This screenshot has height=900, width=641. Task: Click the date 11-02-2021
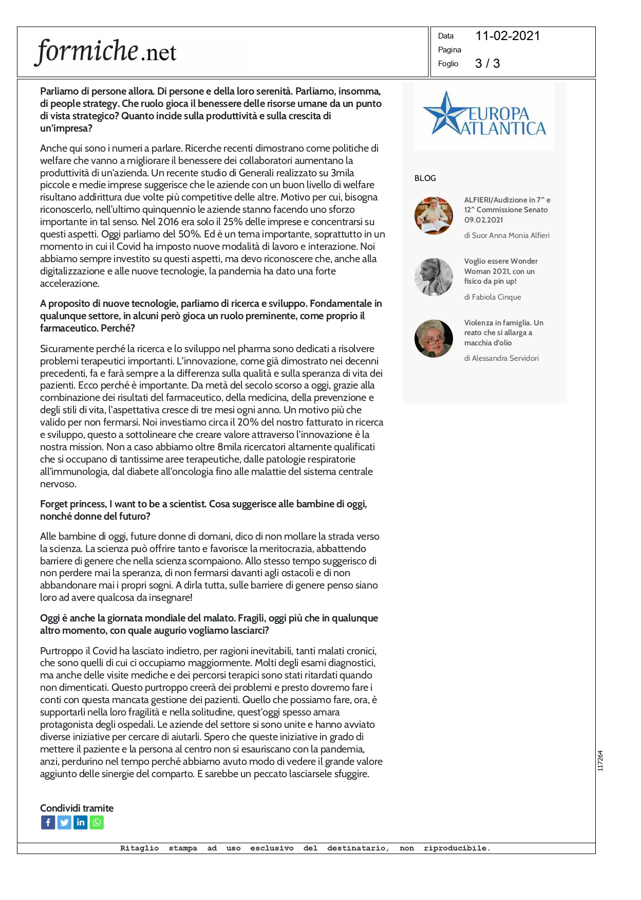click(x=507, y=36)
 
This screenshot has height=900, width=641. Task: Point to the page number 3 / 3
click(x=487, y=63)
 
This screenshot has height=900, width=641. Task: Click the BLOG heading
click(x=425, y=178)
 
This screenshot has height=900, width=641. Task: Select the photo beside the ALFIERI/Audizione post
click(x=433, y=216)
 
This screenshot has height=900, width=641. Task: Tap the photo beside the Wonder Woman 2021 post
click(x=433, y=277)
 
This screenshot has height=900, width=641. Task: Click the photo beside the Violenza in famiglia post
click(x=433, y=339)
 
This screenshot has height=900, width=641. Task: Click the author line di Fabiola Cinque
click(x=492, y=297)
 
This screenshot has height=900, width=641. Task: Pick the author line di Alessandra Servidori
click(x=501, y=358)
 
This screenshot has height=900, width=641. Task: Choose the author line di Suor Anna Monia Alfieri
click(x=506, y=235)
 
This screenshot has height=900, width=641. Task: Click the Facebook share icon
click(x=48, y=823)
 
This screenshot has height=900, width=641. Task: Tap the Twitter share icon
click(x=64, y=823)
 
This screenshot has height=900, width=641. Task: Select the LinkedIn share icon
click(x=81, y=823)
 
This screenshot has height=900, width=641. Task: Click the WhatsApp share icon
click(x=97, y=823)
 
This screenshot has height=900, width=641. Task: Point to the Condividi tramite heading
click(x=77, y=808)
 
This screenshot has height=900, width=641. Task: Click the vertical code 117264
click(x=600, y=761)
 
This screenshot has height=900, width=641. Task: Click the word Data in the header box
click(x=445, y=36)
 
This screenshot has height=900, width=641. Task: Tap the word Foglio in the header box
click(x=448, y=64)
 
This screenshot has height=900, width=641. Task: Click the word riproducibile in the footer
click(x=456, y=849)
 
